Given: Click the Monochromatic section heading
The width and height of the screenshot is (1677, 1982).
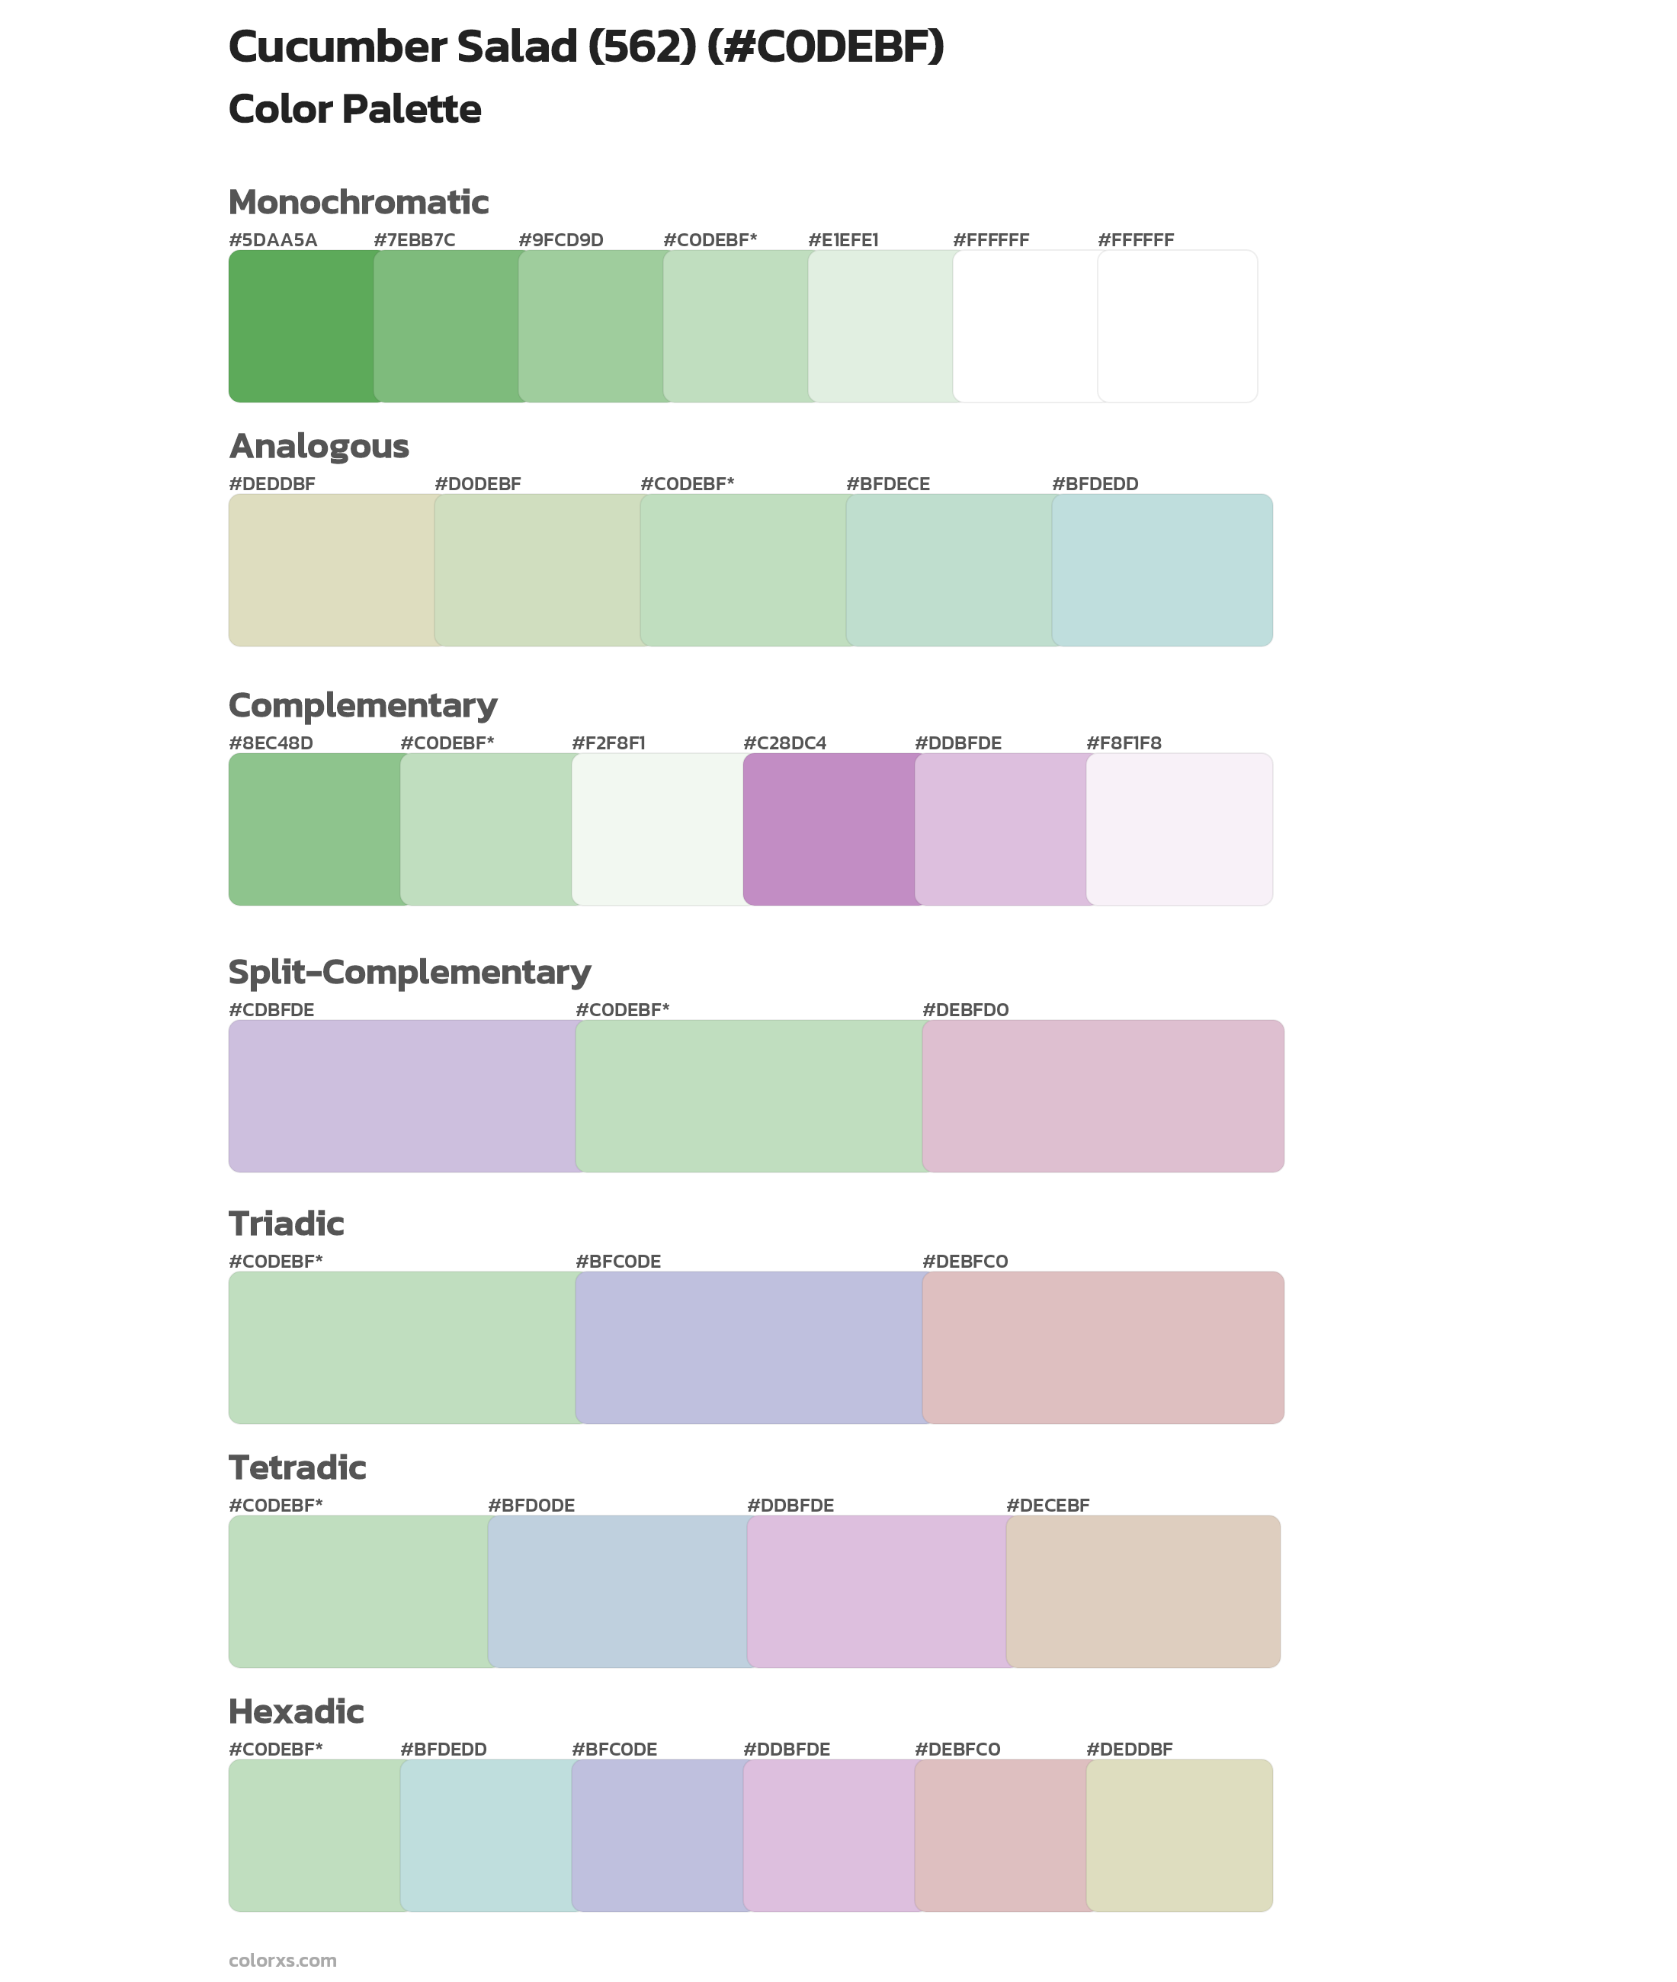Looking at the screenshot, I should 358,203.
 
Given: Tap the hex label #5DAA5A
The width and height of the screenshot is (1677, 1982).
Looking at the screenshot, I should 273,240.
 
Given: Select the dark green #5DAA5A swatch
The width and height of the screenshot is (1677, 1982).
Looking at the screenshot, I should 300,326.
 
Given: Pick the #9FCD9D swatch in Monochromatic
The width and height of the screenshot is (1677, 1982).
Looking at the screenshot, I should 590,326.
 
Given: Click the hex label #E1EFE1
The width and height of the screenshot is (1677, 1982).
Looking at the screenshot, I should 843,240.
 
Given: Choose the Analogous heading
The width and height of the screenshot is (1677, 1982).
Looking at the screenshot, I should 319,446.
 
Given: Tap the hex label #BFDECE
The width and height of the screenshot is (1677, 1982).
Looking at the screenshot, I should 888,484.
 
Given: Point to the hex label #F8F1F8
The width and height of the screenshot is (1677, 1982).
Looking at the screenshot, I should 1124,743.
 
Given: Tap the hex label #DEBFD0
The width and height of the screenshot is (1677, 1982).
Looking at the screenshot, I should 966,1009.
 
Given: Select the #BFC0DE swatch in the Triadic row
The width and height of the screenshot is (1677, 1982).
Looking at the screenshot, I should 749,1348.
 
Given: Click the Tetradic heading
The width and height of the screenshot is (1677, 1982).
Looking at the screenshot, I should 297,1467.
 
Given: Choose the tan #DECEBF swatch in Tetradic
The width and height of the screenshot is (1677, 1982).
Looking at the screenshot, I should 1143,1591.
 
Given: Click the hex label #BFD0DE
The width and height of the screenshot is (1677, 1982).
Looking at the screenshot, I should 531,1505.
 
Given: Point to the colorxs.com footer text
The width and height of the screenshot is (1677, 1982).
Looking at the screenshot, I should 282,1959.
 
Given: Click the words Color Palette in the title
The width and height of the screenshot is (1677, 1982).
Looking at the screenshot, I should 354,109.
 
